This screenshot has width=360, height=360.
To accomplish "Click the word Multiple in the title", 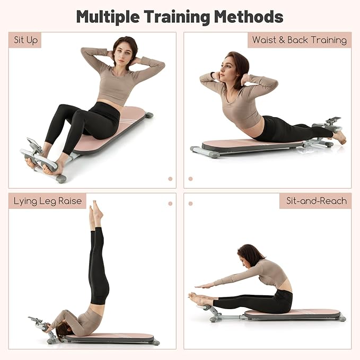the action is coord(108,17).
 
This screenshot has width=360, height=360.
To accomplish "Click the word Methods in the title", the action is coord(249,16).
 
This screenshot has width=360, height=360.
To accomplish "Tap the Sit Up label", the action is coord(25,40).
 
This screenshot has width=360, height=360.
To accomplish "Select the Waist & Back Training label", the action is coord(300,40).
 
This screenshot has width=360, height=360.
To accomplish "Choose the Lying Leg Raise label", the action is coord(47,201).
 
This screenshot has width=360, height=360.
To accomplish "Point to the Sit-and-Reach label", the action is coord(316,201).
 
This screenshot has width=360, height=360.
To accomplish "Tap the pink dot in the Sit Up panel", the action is coord(170,179).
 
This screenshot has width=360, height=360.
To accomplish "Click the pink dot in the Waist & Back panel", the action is coord(190,179).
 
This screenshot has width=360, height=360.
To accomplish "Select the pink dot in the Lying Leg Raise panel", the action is coord(170,204).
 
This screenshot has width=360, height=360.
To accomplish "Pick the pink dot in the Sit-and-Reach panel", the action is coord(190,204).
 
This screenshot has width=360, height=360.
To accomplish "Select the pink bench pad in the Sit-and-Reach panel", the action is coord(292,313).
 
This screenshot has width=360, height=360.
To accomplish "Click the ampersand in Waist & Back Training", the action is coord(282,40).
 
